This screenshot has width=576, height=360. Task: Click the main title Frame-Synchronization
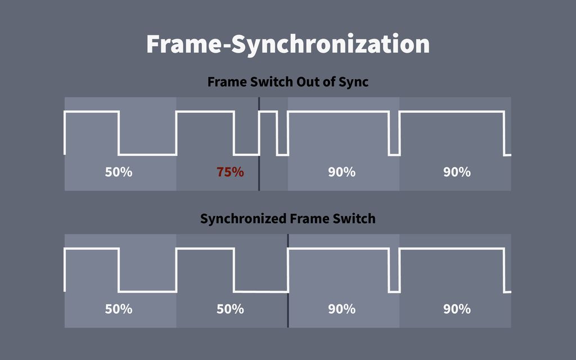click(x=288, y=44)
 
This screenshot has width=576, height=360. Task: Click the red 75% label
click(x=230, y=172)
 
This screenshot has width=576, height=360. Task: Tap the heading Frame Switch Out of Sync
click(x=287, y=82)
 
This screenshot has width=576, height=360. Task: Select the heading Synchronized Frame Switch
click(x=287, y=219)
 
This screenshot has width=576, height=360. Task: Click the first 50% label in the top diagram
click(x=119, y=172)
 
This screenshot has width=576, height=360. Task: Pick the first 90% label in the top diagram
click(x=341, y=172)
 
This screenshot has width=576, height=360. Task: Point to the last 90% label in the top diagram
click(x=457, y=172)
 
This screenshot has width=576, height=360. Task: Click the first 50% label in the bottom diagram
click(x=119, y=309)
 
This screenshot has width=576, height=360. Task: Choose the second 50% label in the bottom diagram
click(x=230, y=309)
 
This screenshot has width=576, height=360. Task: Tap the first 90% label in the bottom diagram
click(x=341, y=309)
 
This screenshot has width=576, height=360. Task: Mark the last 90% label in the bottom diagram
click(x=457, y=309)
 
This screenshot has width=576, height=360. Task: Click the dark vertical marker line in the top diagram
click(x=259, y=144)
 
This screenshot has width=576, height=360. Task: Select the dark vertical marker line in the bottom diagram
click(x=287, y=281)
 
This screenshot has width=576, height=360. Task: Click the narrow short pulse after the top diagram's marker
click(x=268, y=112)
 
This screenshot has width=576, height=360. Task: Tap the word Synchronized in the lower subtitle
click(x=243, y=219)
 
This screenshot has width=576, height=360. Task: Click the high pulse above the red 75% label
click(x=205, y=112)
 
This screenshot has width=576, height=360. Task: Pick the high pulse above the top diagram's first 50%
click(x=92, y=112)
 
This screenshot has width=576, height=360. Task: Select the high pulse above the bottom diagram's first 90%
click(x=338, y=249)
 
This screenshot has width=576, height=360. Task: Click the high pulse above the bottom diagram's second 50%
click(x=205, y=249)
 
